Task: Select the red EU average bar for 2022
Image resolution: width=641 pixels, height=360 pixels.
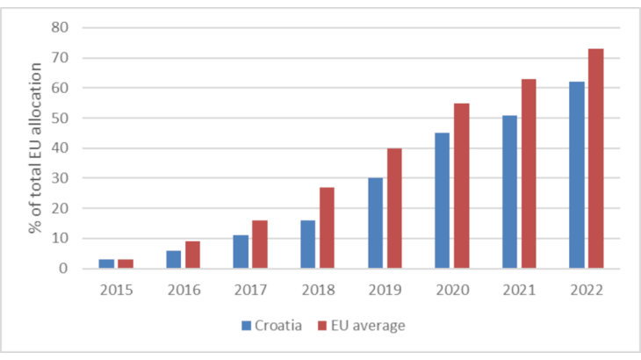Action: (595, 158)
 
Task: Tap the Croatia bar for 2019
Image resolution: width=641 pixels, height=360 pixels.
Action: (375, 223)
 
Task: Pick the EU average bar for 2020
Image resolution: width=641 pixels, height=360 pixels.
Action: (461, 185)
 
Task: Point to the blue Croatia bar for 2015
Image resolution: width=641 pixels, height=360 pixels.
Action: (106, 263)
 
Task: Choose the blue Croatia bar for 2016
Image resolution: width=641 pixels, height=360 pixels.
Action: (173, 259)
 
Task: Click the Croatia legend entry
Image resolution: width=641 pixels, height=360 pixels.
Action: (273, 326)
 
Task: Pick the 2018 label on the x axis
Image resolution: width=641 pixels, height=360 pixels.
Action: (317, 289)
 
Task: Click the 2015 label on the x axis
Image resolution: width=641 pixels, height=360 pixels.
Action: (116, 289)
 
